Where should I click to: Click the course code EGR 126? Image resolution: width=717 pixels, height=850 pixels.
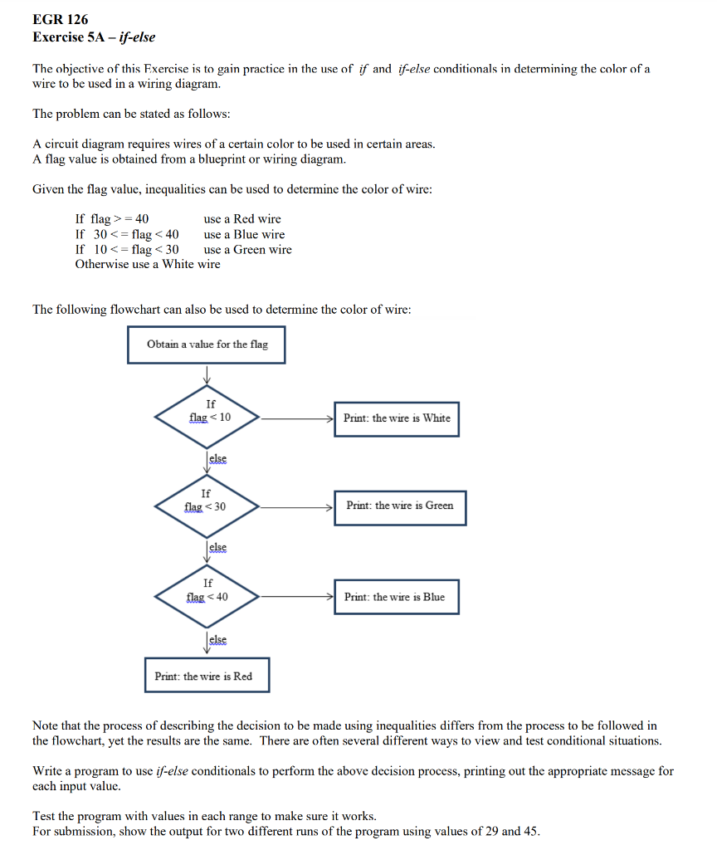click(61, 19)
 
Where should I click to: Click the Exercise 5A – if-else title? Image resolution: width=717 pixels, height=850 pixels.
click(94, 37)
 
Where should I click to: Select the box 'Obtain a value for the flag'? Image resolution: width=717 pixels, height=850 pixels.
click(207, 344)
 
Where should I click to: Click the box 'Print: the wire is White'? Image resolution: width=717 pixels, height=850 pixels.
click(396, 418)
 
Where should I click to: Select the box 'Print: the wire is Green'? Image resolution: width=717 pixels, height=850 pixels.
click(400, 506)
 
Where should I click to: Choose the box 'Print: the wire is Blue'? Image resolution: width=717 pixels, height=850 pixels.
click(396, 597)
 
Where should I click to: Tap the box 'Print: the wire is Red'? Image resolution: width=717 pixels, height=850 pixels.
click(207, 676)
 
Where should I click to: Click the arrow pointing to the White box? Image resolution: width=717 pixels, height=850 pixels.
click(299, 418)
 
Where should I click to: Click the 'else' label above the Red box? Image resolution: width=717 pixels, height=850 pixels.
click(217, 639)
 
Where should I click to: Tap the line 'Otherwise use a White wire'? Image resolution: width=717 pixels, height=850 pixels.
click(148, 264)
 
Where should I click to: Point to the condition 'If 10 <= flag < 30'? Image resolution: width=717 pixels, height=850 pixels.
click(127, 249)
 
